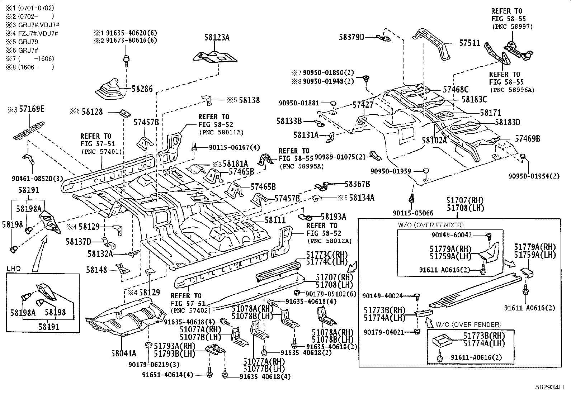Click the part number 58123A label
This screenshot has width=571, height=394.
tap(217, 37)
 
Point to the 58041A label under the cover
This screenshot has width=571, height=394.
tap(123, 353)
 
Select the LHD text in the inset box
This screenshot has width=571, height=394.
tap(14, 269)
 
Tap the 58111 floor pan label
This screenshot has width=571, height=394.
tap(275, 220)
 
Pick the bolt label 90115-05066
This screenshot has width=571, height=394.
tap(413, 213)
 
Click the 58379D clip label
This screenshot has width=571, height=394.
tap(351, 37)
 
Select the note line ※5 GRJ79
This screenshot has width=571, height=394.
tap(22, 42)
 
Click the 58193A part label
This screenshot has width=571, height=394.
tap(333, 217)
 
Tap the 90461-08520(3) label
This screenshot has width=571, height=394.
tap(32, 178)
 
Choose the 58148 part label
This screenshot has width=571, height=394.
tap(96, 270)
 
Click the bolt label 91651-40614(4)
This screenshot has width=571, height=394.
tap(168, 375)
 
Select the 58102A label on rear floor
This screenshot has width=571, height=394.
tap(434, 140)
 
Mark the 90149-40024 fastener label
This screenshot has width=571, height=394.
tap(382, 296)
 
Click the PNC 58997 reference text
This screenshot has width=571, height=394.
tap(512, 27)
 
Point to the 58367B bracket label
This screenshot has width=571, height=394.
tap(357, 184)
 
